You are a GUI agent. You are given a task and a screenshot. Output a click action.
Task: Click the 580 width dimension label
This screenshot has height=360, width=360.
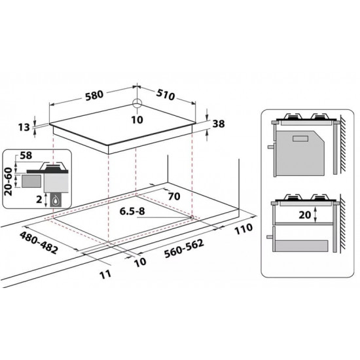click(x=94, y=96)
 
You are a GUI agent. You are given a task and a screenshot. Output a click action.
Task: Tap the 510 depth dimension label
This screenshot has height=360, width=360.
click(x=166, y=95)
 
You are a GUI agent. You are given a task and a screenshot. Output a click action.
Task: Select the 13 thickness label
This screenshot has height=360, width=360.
click(x=24, y=127)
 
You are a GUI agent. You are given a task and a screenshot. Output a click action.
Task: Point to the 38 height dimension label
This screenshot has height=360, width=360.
click(x=219, y=124)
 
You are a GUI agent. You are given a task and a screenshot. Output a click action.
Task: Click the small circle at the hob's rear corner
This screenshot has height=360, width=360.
click(x=137, y=104)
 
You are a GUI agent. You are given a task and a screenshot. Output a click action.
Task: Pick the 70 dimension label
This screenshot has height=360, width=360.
click(x=174, y=196)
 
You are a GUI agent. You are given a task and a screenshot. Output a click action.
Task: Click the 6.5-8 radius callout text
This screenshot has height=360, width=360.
click(x=132, y=211)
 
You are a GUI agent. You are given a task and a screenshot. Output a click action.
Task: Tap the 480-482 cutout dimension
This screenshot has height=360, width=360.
click(x=39, y=243)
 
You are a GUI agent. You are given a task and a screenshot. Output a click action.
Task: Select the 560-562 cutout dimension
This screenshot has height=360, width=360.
click(x=184, y=249)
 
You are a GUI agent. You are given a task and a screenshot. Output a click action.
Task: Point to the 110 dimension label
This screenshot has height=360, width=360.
click(x=243, y=229)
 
